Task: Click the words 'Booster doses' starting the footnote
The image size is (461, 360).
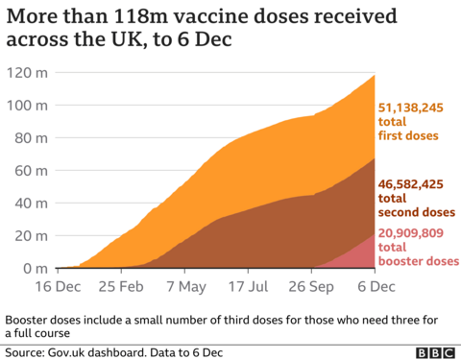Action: (x=41, y=321)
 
